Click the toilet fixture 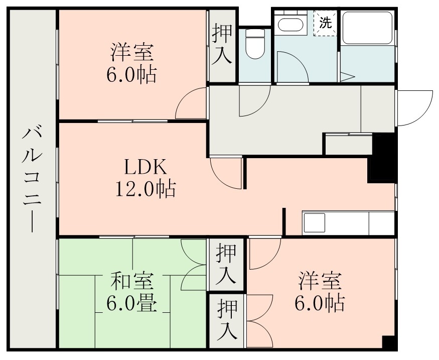pyautogui.click(x=255, y=44)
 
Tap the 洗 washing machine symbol pyautogui.click(x=326, y=23)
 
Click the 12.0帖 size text pyautogui.click(x=145, y=189)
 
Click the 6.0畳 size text pyautogui.click(x=132, y=304)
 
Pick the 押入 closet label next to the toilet pyautogui.click(x=222, y=45)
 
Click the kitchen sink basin pyautogui.click(x=315, y=223)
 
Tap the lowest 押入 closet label pyautogui.click(x=227, y=320)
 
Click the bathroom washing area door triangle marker pyautogui.click(x=347, y=77)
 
